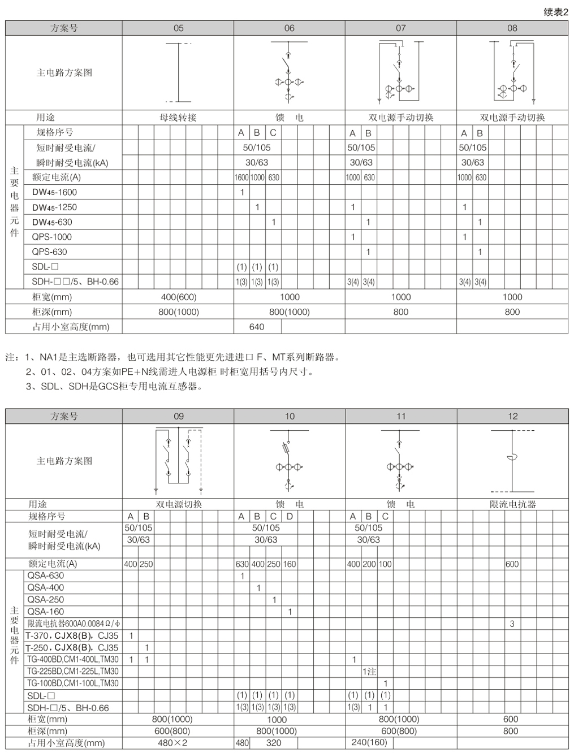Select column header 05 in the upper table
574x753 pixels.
(178, 28)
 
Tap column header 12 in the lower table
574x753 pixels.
(512, 417)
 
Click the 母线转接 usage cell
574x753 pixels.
(178, 118)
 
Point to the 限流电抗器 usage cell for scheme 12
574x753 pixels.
(512, 504)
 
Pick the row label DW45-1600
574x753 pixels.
(54, 192)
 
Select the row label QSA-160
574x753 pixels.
(46, 612)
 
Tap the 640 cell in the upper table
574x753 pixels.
(257, 327)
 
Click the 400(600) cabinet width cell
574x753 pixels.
(178, 297)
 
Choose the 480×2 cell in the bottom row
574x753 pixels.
(172, 743)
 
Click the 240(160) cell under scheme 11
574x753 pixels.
(369, 743)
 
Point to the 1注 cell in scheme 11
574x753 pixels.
(369, 672)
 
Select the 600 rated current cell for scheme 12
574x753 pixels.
(512, 564)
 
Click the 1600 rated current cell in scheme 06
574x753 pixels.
(241, 178)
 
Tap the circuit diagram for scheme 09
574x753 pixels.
(178, 461)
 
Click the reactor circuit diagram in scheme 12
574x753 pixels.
(512, 461)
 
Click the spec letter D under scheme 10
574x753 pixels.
(290, 517)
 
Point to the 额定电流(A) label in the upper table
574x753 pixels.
(57, 178)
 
